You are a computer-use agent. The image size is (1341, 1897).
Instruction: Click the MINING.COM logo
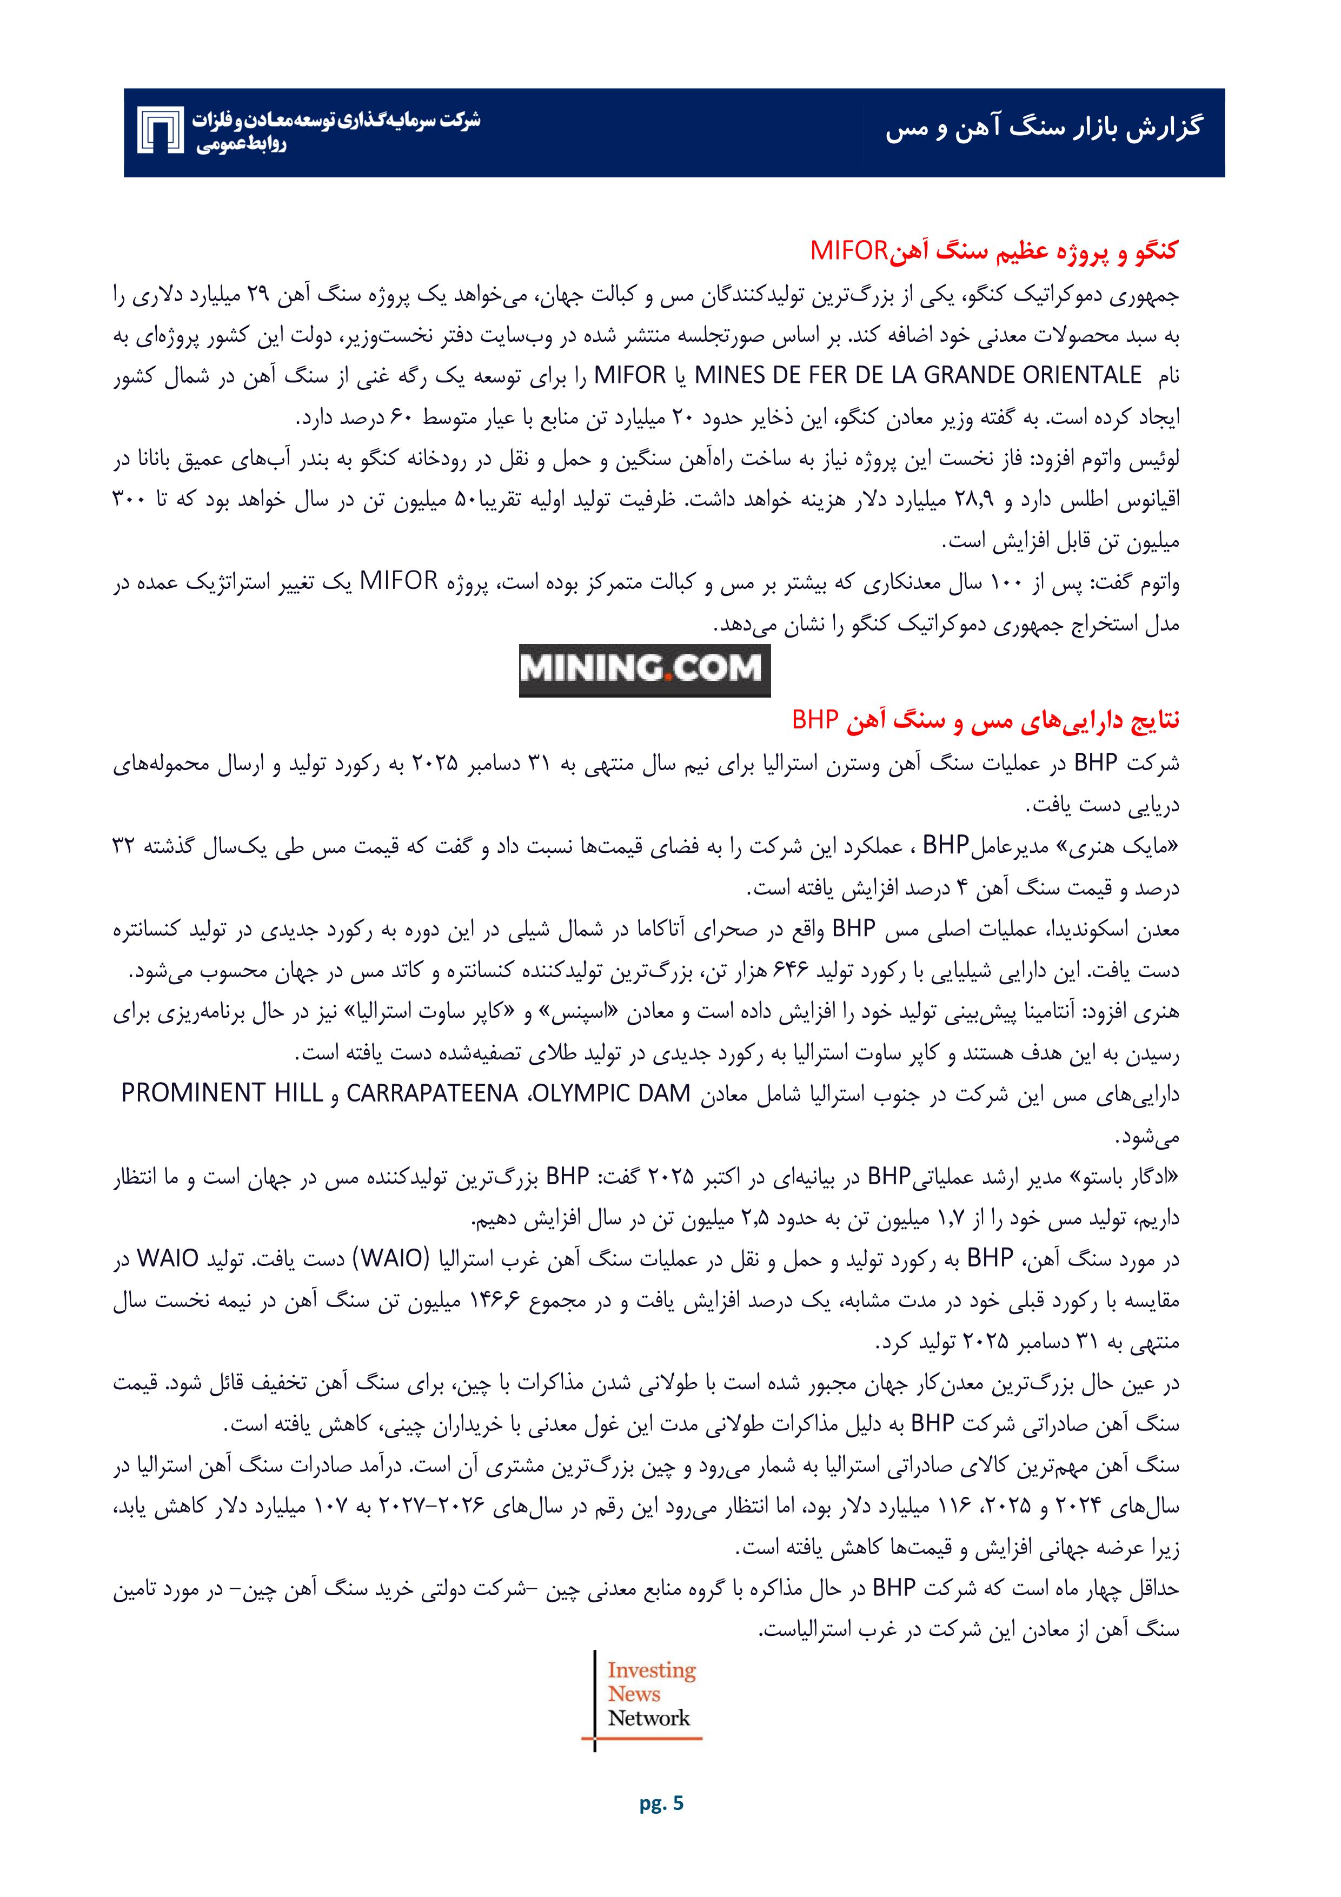645,669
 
